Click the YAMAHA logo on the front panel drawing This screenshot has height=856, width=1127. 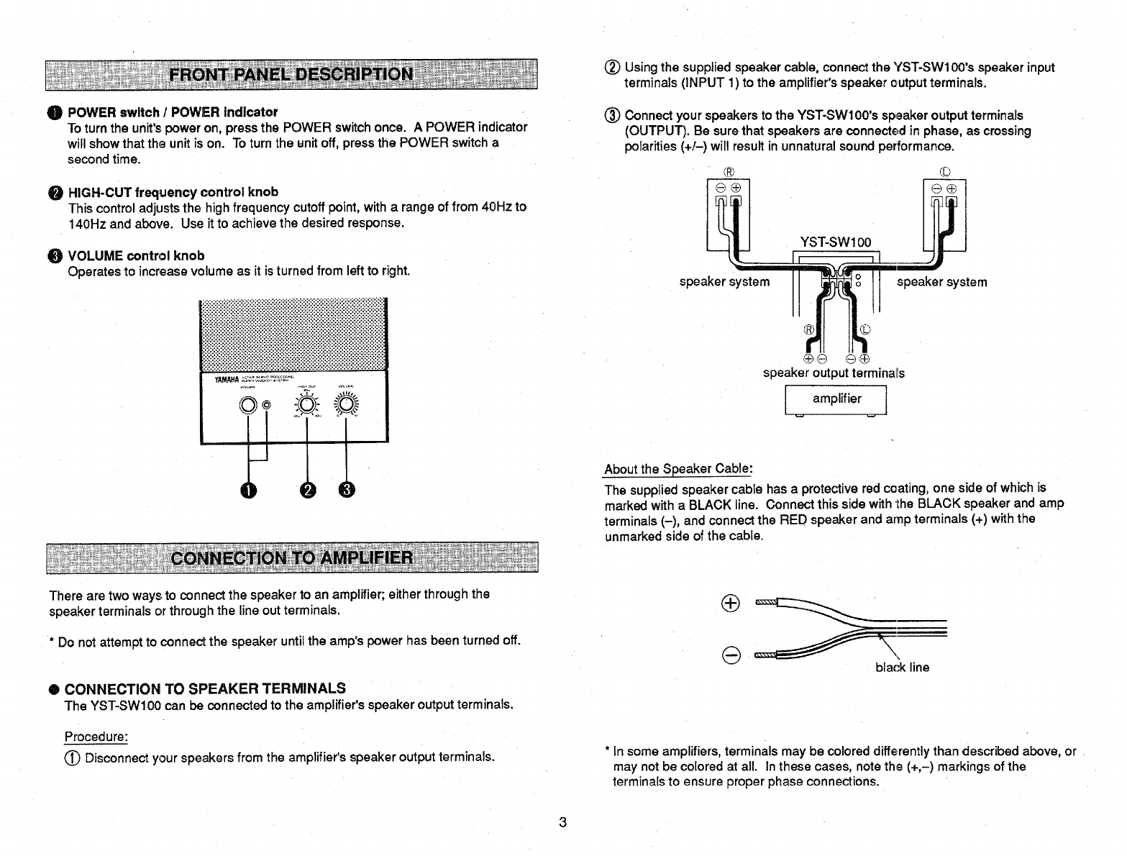(x=227, y=381)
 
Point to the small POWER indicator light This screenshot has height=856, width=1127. (x=267, y=406)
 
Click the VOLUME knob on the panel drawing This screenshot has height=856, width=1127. (x=347, y=406)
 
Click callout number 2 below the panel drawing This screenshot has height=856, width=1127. (x=307, y=490)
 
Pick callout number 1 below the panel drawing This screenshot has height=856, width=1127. (x=248, y=490)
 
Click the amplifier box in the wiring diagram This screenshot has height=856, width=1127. (x=836, y=399)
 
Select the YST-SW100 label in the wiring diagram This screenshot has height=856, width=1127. (x=835, y=242)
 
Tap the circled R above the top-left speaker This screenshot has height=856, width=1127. (x=728, y=172)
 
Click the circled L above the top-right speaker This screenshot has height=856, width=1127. (x=945, y=172)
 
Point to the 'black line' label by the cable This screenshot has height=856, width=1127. (x=902, y=668)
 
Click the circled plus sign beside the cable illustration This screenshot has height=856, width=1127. (x=729, y=604)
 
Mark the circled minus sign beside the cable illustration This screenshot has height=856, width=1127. (x=729, y=655)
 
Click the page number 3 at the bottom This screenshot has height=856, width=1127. (x=563, y=822)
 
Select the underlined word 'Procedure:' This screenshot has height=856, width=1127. (x=96, y=737)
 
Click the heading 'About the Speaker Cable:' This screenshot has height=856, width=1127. (x=678, y=470)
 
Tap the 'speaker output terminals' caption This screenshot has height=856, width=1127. (x=834, y=373)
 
